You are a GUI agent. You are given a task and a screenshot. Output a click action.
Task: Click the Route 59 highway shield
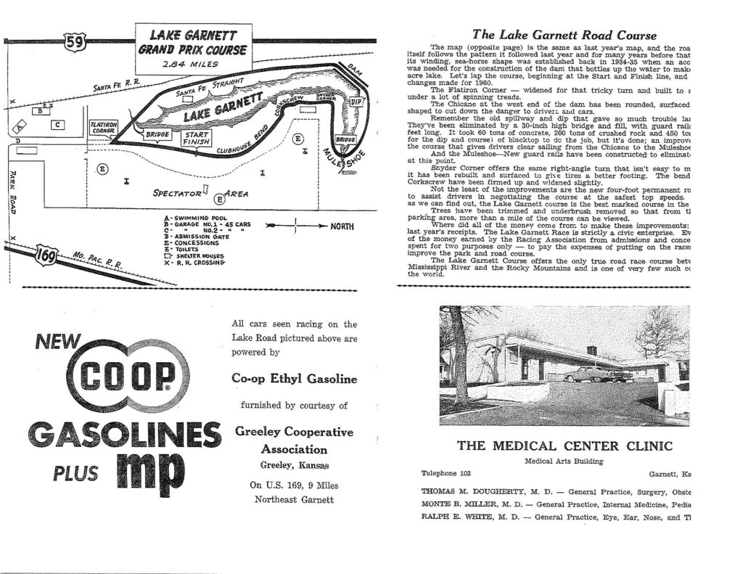(x=76, y=40)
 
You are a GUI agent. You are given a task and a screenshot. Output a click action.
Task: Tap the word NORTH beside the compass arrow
(x=341, y=226)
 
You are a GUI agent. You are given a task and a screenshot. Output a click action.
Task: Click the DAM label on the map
(x=356, y=70)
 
